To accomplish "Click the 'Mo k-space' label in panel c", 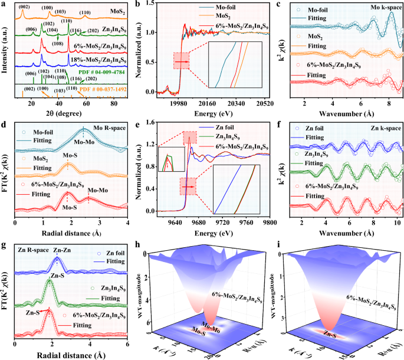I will point(383,11).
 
